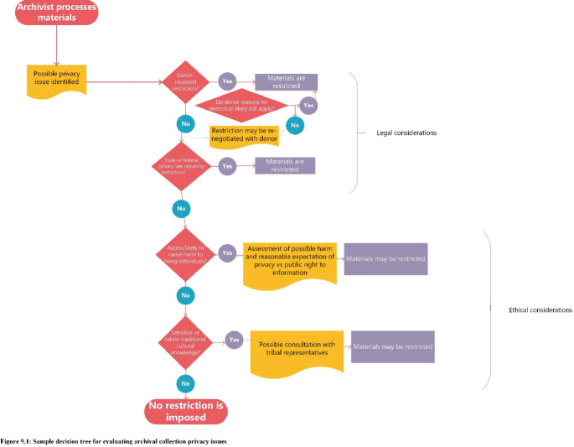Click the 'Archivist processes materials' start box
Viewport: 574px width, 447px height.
tap(56, 12)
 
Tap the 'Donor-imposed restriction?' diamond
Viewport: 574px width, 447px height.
tap(184, 82)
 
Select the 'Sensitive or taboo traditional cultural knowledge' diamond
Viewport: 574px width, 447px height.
tap(184, 340)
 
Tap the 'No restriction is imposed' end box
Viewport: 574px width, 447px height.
tap(186, 410)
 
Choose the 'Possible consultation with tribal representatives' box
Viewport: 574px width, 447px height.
tap(297, 351)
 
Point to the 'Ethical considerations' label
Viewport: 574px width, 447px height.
tap(540, 309)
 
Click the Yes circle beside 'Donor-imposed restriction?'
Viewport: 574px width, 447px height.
tap(226, 81)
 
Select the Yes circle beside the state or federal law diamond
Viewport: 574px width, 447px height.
tap(227, 166)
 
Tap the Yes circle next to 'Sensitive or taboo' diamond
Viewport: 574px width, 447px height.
tap(234, 340)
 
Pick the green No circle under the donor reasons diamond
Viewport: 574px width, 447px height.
tap(294, 124)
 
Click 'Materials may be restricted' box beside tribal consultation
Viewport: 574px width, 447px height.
tap(392, 346)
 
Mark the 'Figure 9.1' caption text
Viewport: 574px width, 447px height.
tap(113, 440)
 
